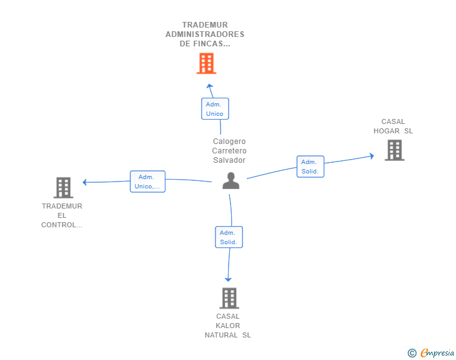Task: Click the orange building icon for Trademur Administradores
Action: [206, 63]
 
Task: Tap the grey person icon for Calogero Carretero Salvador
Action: [231, 181]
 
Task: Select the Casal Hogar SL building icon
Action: [395, 150]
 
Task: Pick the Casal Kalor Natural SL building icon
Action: [229, 298]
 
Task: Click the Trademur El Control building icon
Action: [63, 188]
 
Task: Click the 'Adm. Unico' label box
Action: [215, 109]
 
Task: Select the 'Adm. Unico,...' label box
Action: [147, 182]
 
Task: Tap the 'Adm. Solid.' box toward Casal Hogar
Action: [310, 167]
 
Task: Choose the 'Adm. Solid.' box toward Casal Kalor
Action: [229, 237]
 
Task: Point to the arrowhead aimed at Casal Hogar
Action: [372, 156]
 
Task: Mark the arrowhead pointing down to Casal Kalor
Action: [228, 279]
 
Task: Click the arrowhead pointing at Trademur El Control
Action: [85, 182]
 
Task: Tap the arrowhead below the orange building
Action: [210, 86]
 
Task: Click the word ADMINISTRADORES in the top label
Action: [205, 34]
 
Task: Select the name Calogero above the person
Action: [229, 141]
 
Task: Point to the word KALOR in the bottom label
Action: [228, 326]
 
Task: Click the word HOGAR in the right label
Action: [386, 131]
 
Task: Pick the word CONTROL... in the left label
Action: [62, 225]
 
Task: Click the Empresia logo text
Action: [437, 352]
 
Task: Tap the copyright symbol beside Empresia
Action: [412, 353]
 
